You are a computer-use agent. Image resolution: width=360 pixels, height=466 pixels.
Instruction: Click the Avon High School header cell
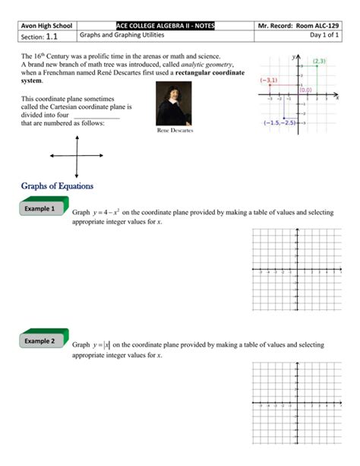(47, 26)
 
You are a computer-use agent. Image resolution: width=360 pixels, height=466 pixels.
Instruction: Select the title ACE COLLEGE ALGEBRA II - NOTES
(166, 26)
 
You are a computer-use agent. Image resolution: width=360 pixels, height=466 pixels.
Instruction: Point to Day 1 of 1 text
(318, 36)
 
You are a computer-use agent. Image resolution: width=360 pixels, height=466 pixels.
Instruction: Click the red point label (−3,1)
(269, 80)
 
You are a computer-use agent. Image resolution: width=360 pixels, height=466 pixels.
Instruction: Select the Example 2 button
(42, 341)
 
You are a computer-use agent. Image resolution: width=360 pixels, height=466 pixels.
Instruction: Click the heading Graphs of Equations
(57, 185)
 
